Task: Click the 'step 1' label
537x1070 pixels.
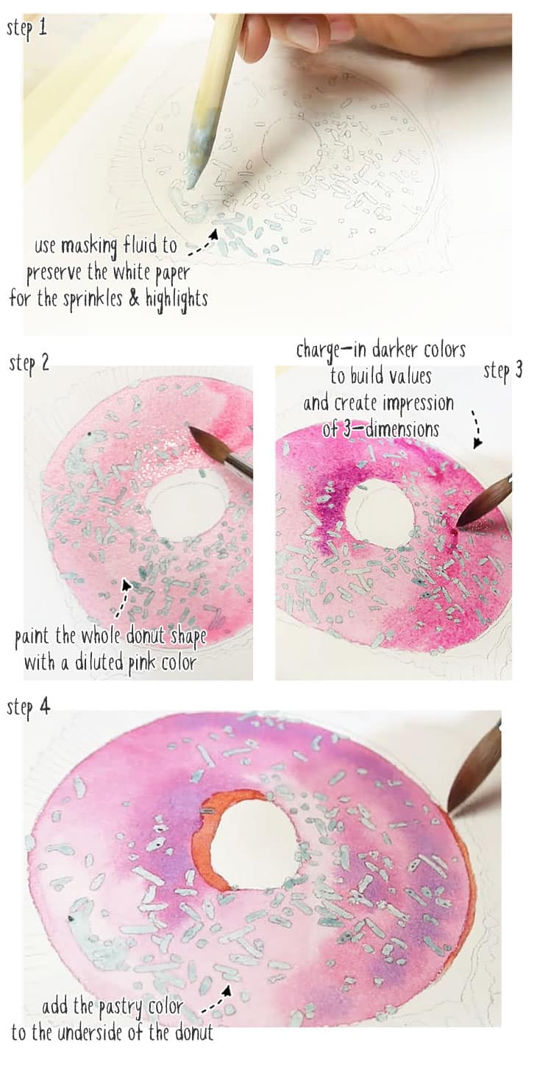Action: [x=27, y=29]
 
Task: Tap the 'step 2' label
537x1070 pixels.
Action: [x=29, y=363]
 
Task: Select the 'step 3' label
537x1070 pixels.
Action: [x=503, y=370]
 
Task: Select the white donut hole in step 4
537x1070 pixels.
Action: [x=254, y=843]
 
